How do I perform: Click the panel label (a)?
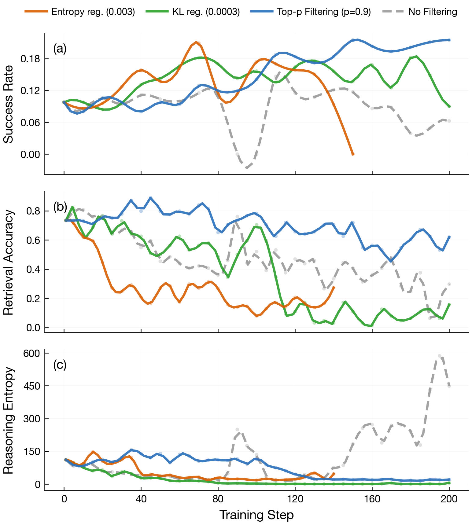(60, 49)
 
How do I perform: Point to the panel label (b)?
(60, 207)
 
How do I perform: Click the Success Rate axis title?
(9, 104)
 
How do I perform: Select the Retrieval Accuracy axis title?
(9, 262)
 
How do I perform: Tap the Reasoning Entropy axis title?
(9, 420)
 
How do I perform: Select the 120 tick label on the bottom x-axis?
(295, 499)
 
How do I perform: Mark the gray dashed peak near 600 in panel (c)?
(440, 356)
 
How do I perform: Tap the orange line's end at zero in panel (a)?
(353, 154)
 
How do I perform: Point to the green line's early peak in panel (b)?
(72, 207)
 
